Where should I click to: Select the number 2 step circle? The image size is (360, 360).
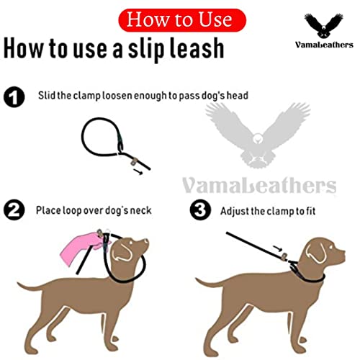14,211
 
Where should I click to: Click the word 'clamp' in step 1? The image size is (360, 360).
92,95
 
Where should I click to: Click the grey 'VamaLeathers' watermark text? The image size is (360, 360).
258,185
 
